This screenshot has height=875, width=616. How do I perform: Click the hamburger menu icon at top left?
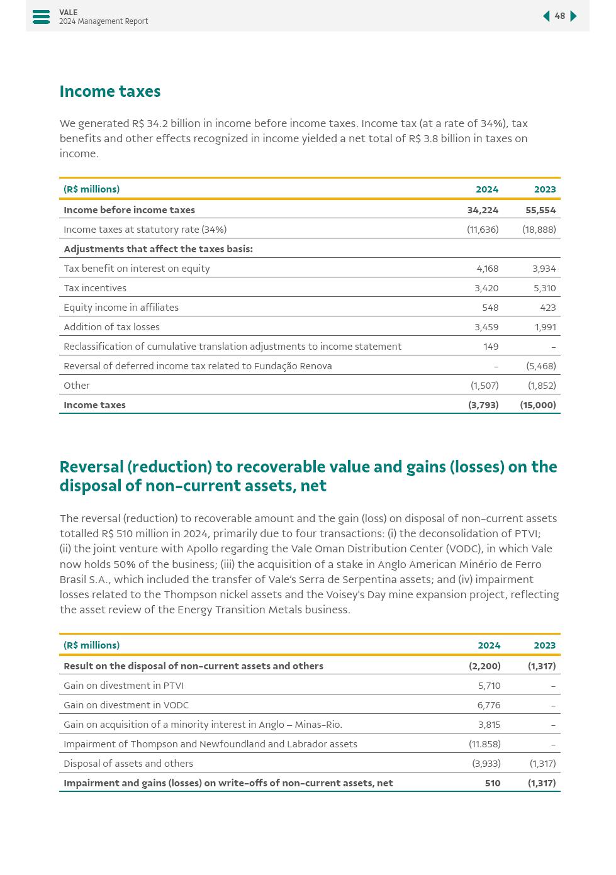(41, 17)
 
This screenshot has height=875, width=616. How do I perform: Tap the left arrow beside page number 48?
(546, 16)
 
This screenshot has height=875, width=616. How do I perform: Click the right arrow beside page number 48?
(573, 16)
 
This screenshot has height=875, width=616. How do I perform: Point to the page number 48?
(559, 16)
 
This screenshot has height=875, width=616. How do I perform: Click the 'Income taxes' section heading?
(110, 92)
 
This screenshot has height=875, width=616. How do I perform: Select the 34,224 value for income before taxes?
(483, 210)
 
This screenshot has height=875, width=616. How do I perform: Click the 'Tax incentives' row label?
(95, 288)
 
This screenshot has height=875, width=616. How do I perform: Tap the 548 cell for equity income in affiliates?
(490, 308)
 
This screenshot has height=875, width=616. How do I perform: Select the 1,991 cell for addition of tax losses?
(545, 327)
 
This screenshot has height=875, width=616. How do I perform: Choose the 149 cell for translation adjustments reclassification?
(491, 347)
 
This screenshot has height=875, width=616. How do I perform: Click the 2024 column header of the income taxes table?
(487, 189)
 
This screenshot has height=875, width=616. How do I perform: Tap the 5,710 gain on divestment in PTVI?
(489, 686)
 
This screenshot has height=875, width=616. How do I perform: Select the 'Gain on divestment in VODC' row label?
(126, 705)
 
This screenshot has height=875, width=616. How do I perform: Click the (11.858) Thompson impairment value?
(484, 744)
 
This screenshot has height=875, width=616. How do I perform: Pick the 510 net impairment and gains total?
(493, 783)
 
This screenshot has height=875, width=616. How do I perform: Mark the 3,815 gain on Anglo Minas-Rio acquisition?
(489, 725)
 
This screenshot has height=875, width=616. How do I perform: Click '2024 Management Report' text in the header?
(104, 21)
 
